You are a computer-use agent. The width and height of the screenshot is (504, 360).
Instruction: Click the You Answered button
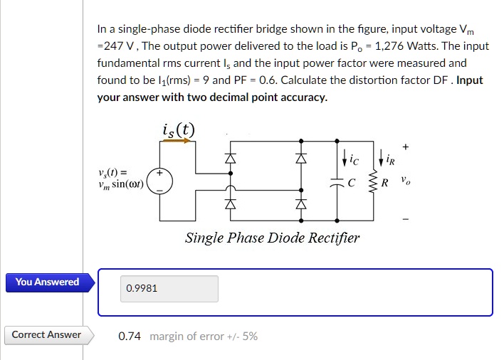pos(48,282)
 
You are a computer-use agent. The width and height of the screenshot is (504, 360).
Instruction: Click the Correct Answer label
pos(46,335)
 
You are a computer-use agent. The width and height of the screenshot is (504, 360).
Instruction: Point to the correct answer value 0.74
pos(130,337)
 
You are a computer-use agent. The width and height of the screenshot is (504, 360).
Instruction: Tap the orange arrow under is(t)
pos(177,141)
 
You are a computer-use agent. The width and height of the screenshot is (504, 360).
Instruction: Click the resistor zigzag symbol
pos(371,181)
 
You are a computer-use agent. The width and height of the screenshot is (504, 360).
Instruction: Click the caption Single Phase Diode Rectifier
pos(272,238)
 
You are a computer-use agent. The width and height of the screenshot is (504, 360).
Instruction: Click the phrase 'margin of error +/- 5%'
pos(204,337)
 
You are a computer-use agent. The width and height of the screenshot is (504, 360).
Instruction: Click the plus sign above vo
pos(406,147)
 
